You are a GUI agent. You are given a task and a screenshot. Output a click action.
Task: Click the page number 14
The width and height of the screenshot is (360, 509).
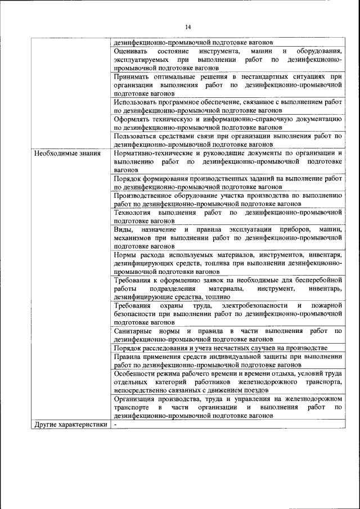[188, 27]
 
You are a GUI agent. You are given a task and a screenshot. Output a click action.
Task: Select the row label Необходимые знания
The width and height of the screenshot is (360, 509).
[67, 153]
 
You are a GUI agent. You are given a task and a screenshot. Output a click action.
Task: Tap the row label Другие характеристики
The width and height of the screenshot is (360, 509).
[71, 425]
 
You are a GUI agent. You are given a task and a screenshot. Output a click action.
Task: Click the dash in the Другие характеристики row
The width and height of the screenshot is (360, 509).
[114, 425]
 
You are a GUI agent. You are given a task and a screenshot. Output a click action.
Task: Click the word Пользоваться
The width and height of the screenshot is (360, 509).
[134, 136]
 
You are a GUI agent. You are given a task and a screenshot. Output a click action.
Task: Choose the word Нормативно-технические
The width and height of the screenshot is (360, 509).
[150, 152]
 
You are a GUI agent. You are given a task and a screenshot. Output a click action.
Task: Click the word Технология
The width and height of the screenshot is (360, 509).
[132, 213]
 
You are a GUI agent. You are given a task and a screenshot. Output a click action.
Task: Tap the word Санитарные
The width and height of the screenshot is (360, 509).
[133, 331]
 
